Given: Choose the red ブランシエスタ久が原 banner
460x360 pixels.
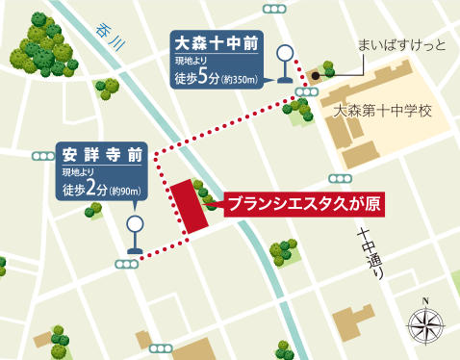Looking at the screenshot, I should tap(299, 204).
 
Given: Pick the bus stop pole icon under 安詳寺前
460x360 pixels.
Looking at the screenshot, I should tap(135, 232).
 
